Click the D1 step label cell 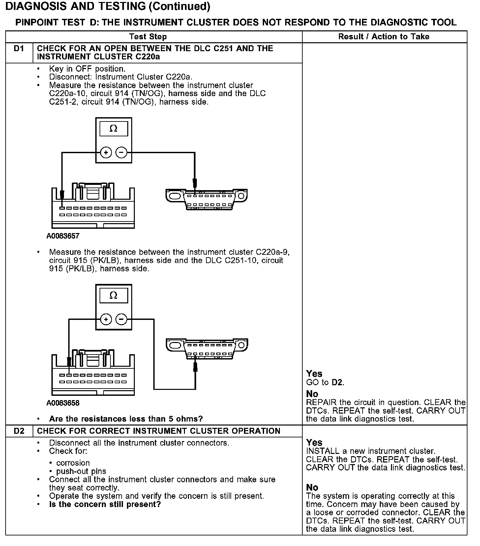click(19, 49)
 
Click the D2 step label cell click(19, 431)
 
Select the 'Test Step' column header click(148, 37)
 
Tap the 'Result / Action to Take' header click(384, 37)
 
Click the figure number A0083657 click(63, 236)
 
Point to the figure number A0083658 click(63, 403)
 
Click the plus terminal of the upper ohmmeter click(106, 153)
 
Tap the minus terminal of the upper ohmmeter click(121, 153)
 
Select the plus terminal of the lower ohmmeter click(106, 319)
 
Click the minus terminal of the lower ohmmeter click(121, 319)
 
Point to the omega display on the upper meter click(113, 129)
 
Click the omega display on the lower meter click(113, 295)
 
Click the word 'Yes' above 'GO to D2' click(314, 374)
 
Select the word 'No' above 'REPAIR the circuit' click(312, 394)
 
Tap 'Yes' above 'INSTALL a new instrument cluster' click(314, 443)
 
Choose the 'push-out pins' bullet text click(81, 471)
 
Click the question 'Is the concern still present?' click(105, 504)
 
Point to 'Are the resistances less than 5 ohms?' click(126, 419)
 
